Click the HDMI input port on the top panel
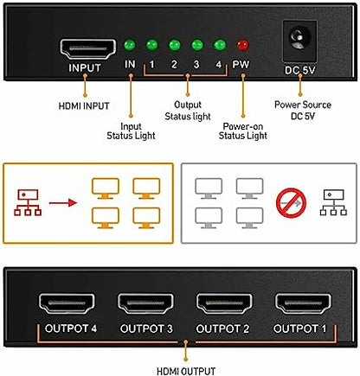(85, 48)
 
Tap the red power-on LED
(241, 43)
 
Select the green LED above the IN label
(130, 43)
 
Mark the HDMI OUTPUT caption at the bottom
(183, 363)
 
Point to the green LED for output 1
(152, 43)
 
